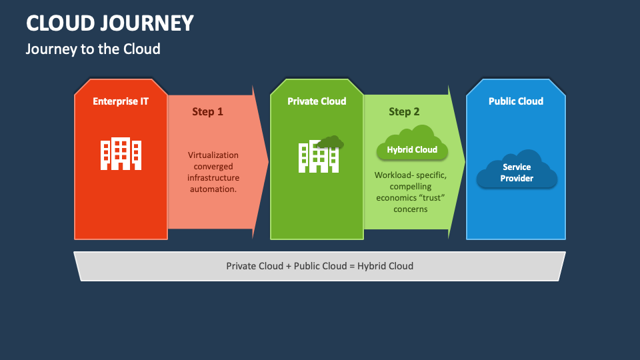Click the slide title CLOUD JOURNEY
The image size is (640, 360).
coord(110,23)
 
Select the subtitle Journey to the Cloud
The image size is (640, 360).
coord(93,49)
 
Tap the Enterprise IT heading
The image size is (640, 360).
coord(121,101)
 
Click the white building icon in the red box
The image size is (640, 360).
coord(121,153)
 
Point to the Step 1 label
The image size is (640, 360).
coord(208,111)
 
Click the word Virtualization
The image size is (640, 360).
coord(213,155)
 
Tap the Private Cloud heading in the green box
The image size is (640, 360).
coord(317,101)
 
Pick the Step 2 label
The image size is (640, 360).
coord(404,111)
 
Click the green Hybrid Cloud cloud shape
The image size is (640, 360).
coord(412,143)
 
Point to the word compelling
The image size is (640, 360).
coord(411,187)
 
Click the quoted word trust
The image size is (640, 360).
coord(432,197)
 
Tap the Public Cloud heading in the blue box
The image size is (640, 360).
coord(516,101)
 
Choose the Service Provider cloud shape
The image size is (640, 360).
coord(517,169)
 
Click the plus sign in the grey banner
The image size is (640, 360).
coord(289,266)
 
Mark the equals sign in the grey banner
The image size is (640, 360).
coord(352,266)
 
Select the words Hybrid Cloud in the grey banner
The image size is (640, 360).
coord(385,266)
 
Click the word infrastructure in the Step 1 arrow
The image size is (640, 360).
coord(213,177)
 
